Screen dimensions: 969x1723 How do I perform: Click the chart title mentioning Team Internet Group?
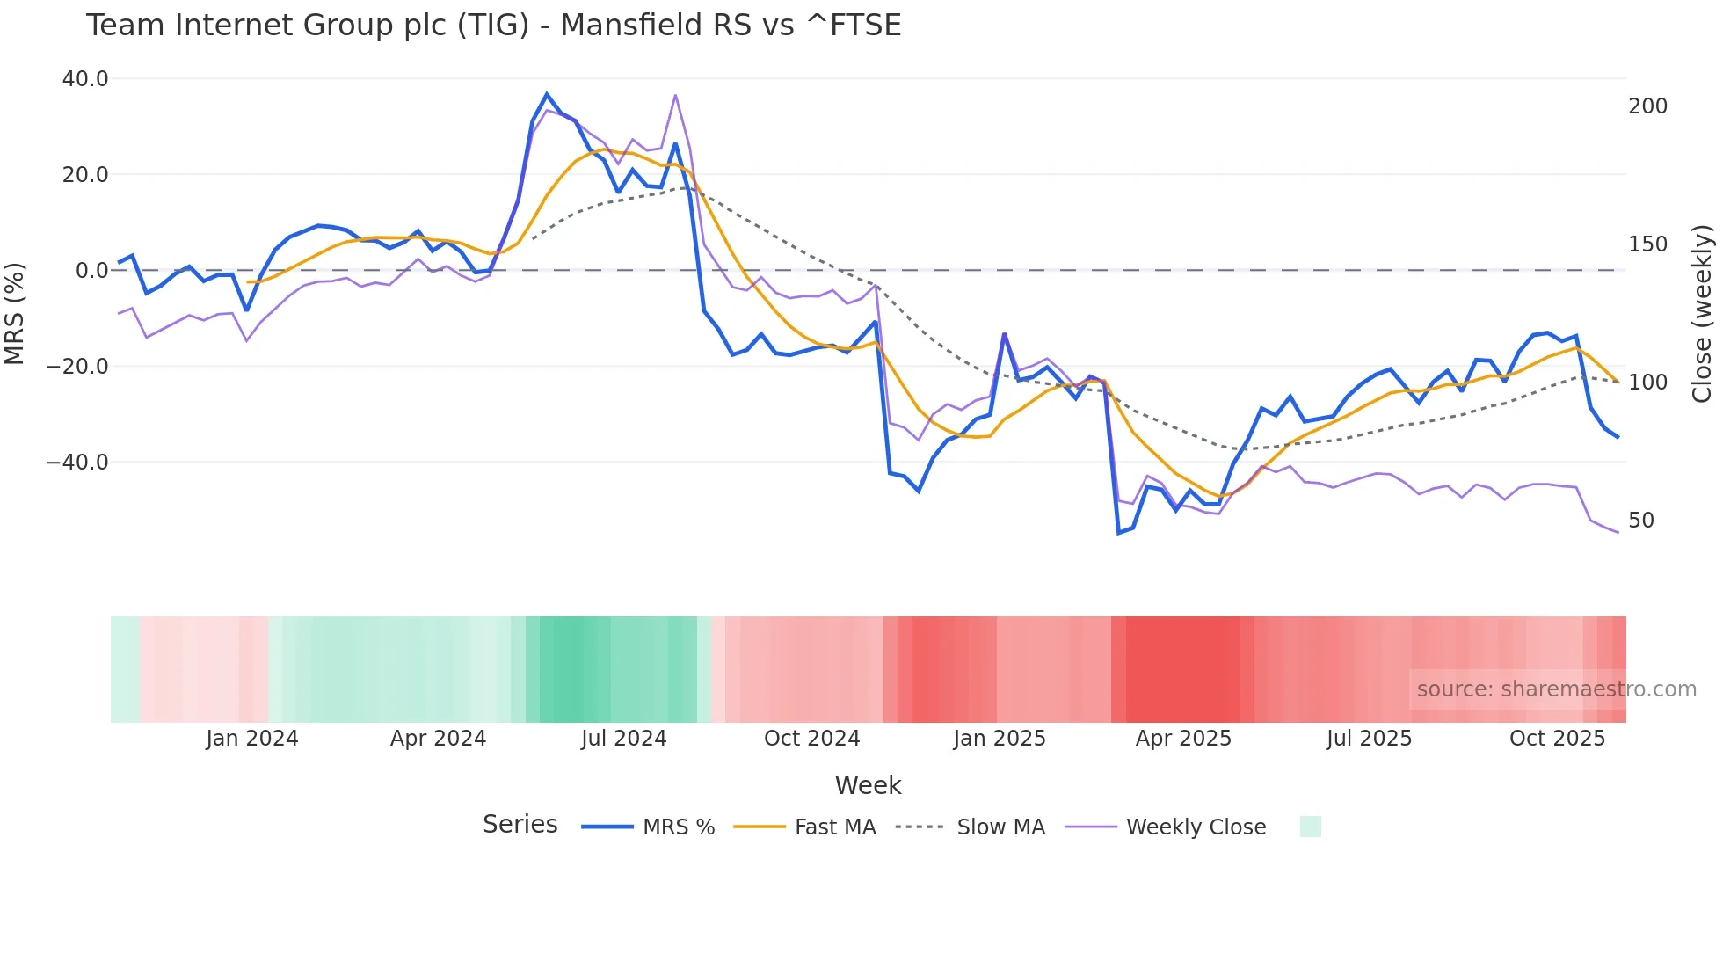click(493, 25)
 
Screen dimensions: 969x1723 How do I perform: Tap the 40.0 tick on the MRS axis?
click(85, 79)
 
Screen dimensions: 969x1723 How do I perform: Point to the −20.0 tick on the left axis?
click(77, 366)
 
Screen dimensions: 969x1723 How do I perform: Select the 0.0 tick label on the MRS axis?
click(91, 271)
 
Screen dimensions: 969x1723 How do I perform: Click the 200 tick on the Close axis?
click(1647, 106)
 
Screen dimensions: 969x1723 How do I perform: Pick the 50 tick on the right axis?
click(1641, 521)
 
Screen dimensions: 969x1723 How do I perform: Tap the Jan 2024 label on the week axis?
click(252, 739)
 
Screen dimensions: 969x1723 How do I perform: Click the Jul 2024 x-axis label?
click(624, 739)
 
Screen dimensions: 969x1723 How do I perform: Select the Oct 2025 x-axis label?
click(1557, 739)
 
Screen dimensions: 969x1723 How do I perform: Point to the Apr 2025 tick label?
click(1183, 739)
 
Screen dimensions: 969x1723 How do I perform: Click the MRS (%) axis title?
click(15, 313)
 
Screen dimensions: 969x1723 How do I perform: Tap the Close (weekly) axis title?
click(1702, 314)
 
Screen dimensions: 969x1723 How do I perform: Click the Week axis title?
click(868, 785)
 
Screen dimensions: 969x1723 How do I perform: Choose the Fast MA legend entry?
click(834, 827)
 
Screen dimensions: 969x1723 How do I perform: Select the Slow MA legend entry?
click(1000, 827)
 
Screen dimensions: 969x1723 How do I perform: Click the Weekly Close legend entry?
click(1196, 827)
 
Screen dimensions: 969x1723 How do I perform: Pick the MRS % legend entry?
click(678, 827)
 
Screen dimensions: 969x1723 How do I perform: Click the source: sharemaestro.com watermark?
click(1556, 689)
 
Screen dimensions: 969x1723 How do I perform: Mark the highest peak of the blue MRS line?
click(547, 94)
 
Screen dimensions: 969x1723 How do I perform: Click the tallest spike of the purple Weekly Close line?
click(675, 95)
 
